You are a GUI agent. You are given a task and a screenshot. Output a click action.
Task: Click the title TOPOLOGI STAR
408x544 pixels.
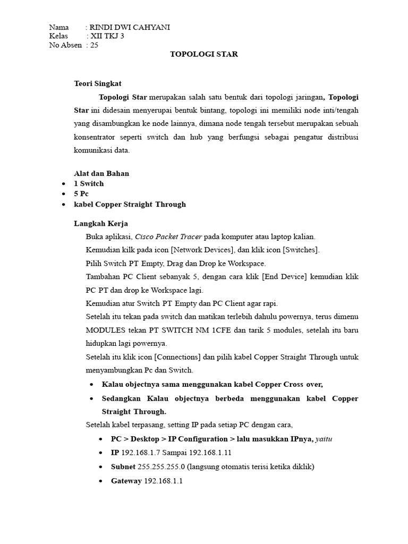click(x=203, y=54)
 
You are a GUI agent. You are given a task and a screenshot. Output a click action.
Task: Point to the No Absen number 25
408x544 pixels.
click(x=94, y=45)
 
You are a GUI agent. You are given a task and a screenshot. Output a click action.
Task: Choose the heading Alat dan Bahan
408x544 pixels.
click(x=101, y=173)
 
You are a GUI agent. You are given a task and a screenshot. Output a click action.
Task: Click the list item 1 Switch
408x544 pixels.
click(x=89, y=183)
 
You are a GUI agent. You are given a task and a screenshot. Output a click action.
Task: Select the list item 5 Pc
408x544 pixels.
click(x=81, y=194)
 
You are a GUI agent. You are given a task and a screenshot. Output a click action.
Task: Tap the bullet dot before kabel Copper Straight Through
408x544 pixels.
click(x=64, y=205)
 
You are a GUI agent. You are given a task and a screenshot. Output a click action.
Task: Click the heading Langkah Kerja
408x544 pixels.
click(x=100, y=224)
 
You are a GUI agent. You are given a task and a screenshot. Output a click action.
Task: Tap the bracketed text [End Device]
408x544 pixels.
click(x=299, y=277)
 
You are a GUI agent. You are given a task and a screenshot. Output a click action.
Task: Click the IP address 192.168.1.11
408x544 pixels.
click(x=210, y=453)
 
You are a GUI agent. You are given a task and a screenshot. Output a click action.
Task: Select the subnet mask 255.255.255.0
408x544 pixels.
click(x=160, y=467)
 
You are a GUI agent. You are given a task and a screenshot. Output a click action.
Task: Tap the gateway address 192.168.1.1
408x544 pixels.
click(x=163, y=481)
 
